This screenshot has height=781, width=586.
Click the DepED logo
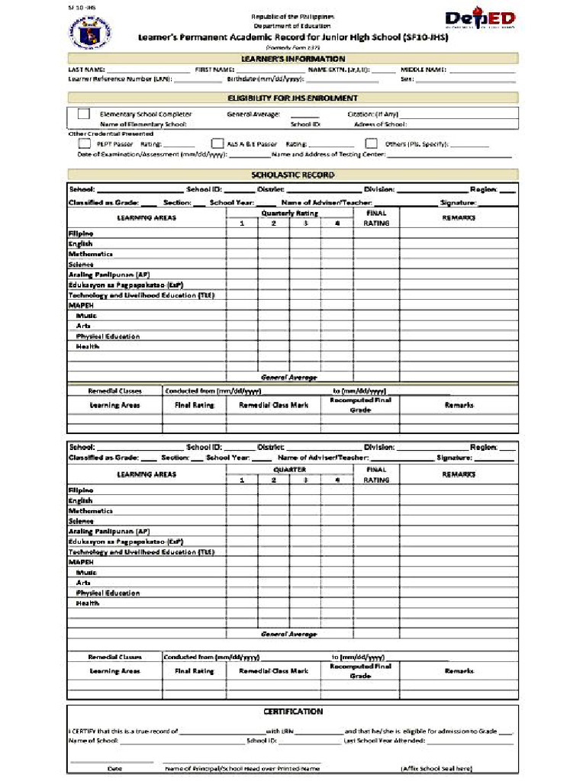480,20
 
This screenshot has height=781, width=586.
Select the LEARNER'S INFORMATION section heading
293,59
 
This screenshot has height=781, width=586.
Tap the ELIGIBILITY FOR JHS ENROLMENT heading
293,98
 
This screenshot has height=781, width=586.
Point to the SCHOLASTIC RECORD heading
293,175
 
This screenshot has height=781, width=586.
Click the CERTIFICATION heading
293,711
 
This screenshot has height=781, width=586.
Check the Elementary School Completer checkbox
84,114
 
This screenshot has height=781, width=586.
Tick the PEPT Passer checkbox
84,143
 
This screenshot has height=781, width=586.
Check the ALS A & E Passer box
217,143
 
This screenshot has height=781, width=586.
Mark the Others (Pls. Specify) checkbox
372,143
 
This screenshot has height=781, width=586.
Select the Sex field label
407,79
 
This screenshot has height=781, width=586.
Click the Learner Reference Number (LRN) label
120,79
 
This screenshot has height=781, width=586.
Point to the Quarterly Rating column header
289,214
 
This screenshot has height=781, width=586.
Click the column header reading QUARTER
289,470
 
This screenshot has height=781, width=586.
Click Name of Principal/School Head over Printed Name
242,768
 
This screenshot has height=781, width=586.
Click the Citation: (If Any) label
372,114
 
